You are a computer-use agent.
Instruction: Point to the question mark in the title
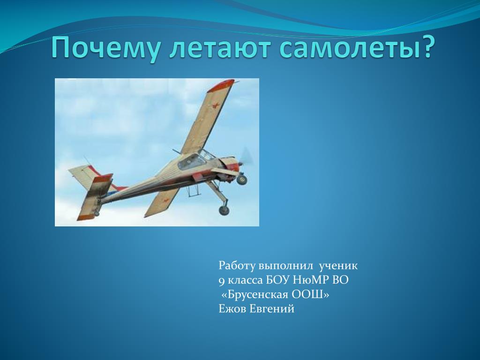(427, 46)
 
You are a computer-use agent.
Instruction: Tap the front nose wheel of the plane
(241, 179)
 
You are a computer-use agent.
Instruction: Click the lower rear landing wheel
(224, 210)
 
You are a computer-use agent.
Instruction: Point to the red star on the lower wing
(166, 201)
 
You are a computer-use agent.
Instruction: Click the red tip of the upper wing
(221, 85)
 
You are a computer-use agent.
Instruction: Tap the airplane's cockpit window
(191, 162)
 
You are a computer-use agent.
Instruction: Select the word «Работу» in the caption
(237, 266)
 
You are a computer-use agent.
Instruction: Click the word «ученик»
(338, 266)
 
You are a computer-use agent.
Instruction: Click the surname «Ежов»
(232, 309)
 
